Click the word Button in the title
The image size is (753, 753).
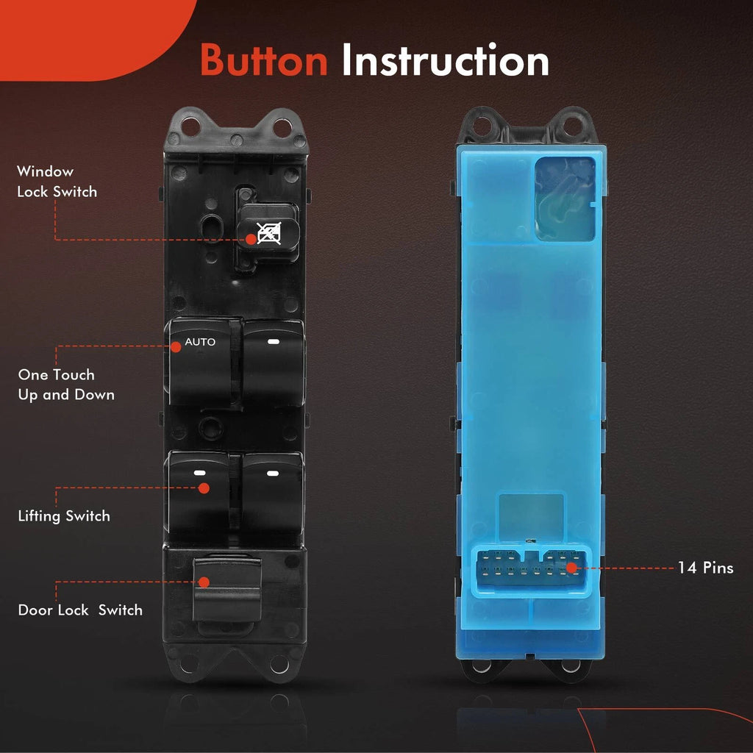point(264,60)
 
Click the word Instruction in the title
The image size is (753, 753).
point(445,60)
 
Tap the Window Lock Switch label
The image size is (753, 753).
point(57,182)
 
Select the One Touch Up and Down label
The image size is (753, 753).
point(66,385)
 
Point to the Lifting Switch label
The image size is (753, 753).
point(64,515)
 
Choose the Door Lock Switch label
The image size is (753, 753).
point(80,610)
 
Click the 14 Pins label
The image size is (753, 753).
point(705,568)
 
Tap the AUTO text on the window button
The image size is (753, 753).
point(200,342)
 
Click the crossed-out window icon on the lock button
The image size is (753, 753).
point(269,233)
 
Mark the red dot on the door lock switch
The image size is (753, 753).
point(204,582)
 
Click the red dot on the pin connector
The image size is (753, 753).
point(571,568)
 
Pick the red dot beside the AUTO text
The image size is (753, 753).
point(176,347)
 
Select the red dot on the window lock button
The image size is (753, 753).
point(251,239)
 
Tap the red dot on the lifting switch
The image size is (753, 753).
point(204,488)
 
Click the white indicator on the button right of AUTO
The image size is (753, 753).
point(274,342)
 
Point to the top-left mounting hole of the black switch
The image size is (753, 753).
point(190,126)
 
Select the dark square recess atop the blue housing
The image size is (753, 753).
point(565,199)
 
